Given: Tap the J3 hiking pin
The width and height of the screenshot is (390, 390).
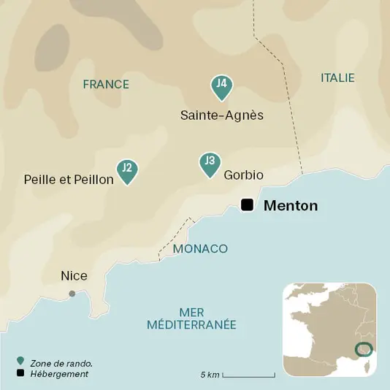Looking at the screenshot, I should click(x=210, y=164).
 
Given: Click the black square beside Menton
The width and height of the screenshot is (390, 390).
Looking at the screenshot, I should click(x=248, y=205).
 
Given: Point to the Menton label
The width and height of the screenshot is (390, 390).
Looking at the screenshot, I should click(x=290, y=206).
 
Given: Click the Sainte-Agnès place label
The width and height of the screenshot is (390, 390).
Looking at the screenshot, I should click(x=221, y=115).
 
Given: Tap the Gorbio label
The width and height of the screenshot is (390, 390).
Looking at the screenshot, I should click(x=243, y=175).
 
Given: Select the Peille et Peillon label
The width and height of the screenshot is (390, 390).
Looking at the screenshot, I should click(x=69, y=179).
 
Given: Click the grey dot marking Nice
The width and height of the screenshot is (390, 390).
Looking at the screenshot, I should click(x=72, y=294).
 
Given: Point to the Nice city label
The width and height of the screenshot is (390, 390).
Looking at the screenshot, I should click(x=74, y=276).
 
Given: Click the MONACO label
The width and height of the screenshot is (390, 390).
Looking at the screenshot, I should click(x=200, y=249).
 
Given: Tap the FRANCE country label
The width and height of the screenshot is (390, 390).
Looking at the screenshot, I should click(x=106, y=85).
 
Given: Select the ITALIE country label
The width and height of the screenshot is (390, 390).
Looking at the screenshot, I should click(x=337, y=77).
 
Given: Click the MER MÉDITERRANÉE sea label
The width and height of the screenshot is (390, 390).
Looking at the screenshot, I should click(x=191, y=318).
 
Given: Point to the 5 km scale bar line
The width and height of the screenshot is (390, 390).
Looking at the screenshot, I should click(x=248, y=376).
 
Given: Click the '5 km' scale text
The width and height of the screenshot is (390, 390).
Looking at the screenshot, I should click(x=210, y=375).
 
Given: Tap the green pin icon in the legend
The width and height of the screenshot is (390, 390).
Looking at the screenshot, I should click(x=20, y=362).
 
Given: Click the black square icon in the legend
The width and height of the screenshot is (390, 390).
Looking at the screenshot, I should click(x=20, y=374).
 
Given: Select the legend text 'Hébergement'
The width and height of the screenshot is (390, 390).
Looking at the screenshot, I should click(x=59, y=374).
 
